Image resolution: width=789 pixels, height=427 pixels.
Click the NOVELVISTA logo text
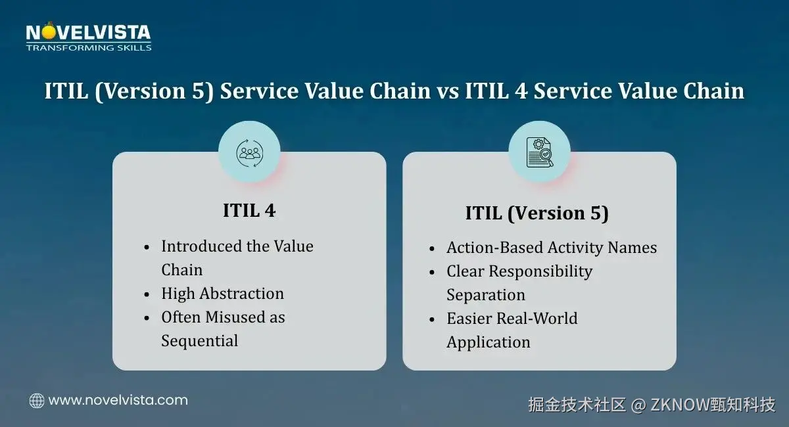click(88, 32)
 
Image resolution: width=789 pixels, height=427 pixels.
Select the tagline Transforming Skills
click(89, 48)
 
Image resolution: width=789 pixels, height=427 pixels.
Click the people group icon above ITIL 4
click(249, 153)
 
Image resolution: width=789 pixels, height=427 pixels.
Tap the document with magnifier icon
click(540, 152)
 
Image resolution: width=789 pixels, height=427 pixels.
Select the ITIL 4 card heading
click(249, 210)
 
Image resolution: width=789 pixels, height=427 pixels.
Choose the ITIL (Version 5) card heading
click(537, 213)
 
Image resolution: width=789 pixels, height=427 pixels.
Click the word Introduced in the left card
click(202, 246)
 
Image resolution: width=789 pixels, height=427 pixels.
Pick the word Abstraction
click(242, 293)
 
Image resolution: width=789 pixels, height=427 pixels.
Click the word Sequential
click(200, 341)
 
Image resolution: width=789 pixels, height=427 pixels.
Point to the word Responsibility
click(540, 272)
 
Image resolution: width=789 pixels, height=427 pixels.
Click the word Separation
click(486, 295)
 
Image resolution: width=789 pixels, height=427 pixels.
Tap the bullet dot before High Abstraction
click(147, 294)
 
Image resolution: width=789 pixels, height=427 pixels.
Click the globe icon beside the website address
click(37, 401)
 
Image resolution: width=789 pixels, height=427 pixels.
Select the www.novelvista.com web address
click(118, 400)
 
